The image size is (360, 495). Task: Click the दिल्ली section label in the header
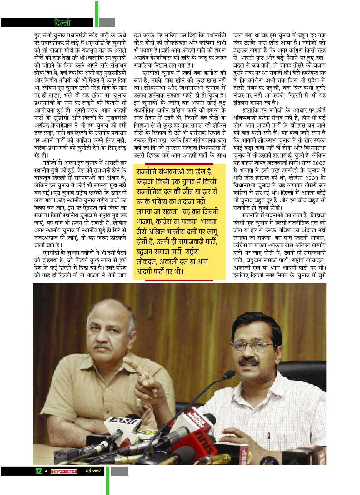point(62,23)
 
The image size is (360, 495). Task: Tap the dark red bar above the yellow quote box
point(179,163)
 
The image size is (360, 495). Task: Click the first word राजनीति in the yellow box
point(150,172)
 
